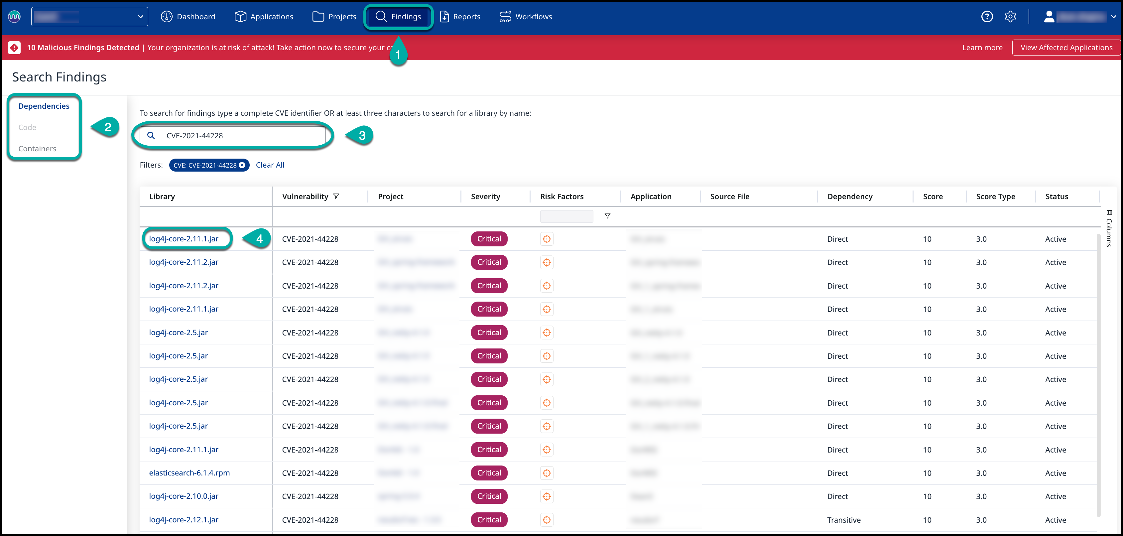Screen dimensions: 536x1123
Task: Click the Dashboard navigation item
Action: (x=188, y=17)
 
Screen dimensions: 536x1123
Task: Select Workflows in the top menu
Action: (x=526, y=17)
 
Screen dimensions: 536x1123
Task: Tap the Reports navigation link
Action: (x=460, y=17)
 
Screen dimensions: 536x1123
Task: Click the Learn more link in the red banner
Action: (x=982, y=48)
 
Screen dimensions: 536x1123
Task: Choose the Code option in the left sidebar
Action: (x=27, y=127)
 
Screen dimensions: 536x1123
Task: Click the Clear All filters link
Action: (x=270, y=165)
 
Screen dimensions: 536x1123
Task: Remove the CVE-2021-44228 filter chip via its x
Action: (x=242, y=165)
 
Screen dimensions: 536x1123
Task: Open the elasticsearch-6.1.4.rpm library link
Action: (x=189, y=473)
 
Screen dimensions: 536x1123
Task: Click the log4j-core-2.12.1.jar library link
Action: (x=184, y=519)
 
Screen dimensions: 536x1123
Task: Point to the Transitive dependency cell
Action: (x=843, y=520)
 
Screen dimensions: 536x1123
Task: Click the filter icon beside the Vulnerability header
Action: (x=336, y=196)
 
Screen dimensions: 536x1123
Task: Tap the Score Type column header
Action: (x=995, y=197)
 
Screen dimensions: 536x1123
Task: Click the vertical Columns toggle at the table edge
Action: (x=1109, y=228)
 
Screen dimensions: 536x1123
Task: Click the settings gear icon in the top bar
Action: (x=1010, y=17)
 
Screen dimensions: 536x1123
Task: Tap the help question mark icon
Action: (x=987, y=17)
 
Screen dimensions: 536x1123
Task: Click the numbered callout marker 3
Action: (x=361, y=136)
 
